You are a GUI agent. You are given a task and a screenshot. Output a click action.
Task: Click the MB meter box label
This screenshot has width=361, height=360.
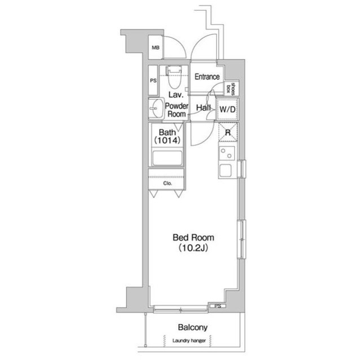click(x=156, y=48)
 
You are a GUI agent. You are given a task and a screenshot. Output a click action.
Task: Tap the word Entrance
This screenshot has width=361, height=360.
click(x=207, y=77)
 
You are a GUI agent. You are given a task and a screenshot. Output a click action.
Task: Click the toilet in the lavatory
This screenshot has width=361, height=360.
click(x=174, y=78)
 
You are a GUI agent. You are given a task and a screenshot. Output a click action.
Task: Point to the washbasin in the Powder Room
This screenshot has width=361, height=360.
click(x=156, y=108)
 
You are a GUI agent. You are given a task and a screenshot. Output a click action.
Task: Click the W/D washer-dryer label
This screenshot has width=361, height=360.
click(x=227, y=109)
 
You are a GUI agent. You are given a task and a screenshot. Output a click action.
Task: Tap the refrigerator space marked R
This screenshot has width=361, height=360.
click(x=228, y=132)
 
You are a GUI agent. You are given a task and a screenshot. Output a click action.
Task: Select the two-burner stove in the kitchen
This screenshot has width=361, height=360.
click(x=227, y=153)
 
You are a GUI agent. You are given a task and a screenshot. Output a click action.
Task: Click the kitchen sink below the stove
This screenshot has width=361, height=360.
click(x=226, y=170)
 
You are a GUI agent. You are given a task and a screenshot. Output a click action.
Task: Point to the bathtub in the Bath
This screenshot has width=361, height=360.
click(x=168, y=158)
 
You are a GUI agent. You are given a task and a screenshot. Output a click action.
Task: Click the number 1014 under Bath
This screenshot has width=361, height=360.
click(x=168, y=140)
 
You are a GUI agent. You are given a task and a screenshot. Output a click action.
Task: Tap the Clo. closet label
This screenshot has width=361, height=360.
click(x=168, y=184)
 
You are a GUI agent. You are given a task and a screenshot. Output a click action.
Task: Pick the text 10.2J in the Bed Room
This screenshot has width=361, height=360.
click(x=193, y=248)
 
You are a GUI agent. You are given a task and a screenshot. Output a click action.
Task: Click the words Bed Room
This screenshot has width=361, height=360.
click(x=193, y=238)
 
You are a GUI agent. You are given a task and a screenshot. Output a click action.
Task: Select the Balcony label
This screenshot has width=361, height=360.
click(x=193, y=327)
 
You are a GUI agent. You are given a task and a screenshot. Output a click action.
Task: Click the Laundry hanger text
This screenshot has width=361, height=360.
click(x=189, y=340)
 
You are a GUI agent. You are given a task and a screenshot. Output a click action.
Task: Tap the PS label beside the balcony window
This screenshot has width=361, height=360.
click(x=218, y=306)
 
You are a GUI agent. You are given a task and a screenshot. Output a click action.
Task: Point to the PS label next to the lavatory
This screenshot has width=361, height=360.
click(x=153, y=81)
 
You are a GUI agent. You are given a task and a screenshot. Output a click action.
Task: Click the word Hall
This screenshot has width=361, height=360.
click(x=203, y=108)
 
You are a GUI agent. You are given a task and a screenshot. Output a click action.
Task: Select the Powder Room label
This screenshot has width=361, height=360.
click(x=177, y=110)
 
